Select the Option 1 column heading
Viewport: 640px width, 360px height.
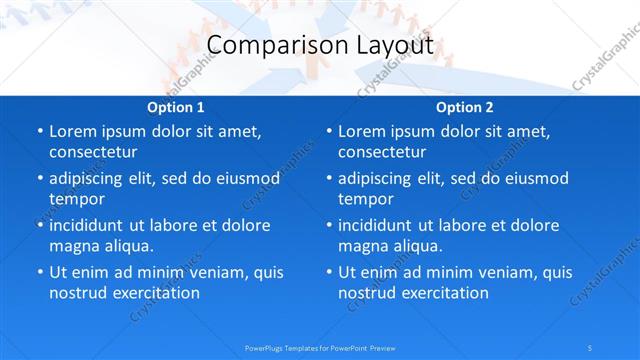point(176,108)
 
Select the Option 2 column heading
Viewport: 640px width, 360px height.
point(464,108)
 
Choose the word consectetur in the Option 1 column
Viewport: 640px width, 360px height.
point(93,152)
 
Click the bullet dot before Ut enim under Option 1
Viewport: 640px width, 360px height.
point(39,272)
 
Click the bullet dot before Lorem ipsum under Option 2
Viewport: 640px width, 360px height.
point(328,131)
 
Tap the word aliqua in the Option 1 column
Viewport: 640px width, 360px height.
point(127,246)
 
